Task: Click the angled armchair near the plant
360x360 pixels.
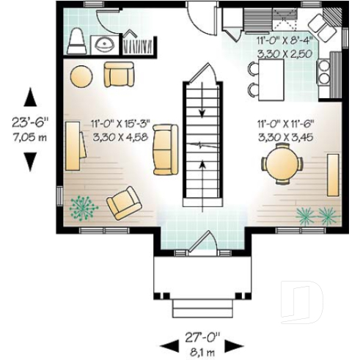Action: (x=124, y=203)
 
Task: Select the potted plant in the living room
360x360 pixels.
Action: (x=83, y=209)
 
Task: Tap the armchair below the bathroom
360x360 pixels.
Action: (x=119, y=74)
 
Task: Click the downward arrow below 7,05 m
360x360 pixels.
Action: (x=30, y=160)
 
